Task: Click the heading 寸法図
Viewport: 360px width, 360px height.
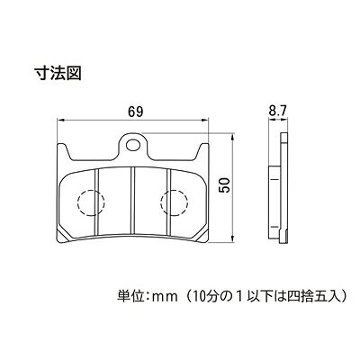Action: click(x=58, y=73)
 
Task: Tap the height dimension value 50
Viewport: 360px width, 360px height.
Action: click(x=224, y=184)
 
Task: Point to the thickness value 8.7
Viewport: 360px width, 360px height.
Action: click(x=278, y=112)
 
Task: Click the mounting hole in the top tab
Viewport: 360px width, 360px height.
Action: click(x=133, y=145)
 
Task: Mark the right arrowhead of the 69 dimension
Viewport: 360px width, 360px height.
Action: click(x=205, y=121)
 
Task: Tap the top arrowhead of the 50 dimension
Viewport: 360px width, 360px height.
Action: click(x=232, y=138)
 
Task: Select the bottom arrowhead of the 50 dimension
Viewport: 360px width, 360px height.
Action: click(x=232, y=238)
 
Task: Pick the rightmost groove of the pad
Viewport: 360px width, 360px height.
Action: click(x=168, y=202)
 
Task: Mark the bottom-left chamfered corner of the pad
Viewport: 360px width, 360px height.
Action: click(x=62, y=236)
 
